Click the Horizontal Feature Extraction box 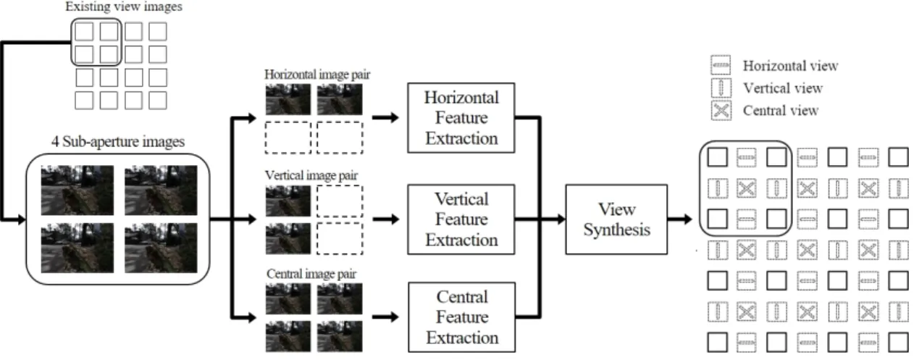tap(461, 118)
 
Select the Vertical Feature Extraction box tap(461, 219)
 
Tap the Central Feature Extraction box tap(462, 317)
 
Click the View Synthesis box tap(616, 219)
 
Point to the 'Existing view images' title tap(124, 7)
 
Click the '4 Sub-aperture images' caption tap(118, 142)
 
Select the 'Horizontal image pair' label tap(317, 75)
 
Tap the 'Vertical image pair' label tap(311, 175)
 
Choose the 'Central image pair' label tap(311, 274)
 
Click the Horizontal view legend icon tap(721, 65)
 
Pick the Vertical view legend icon tap(721, 88)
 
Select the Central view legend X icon tap(721, 110)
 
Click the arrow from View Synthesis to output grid tap(680, 219)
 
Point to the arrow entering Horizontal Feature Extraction tap(385, 118)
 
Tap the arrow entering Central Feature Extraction tap(385, 317)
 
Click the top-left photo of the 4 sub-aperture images tap(77, 191)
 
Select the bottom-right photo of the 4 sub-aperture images tap(161, 248)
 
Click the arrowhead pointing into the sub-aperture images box tap(21, 219)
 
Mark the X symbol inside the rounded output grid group tap(746, 188)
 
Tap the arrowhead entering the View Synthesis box tap(561, 219)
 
